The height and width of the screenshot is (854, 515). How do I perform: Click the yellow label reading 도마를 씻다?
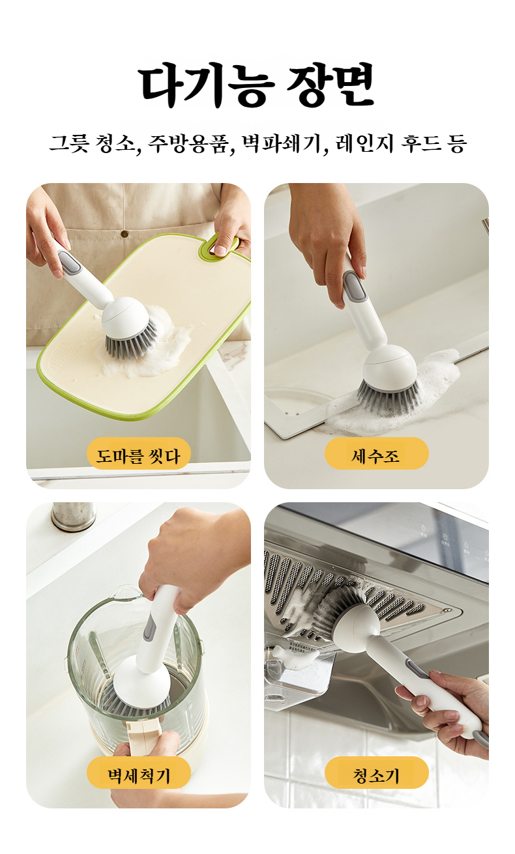click(x=138, y=455)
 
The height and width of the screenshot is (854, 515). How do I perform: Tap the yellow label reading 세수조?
click(x=376, y=455)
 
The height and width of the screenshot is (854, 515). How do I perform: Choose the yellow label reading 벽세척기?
click(x=138, y=774)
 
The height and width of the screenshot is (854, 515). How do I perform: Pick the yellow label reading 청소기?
click(x=376, y=774)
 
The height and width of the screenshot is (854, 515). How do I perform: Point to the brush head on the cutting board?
click(x=130, y=329)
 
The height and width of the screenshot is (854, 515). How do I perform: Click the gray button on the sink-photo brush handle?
click(x=352, y=287)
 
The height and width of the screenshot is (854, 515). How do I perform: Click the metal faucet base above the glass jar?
click(x=73, y=516)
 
